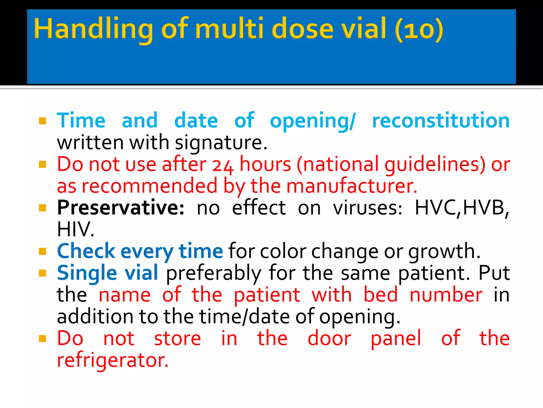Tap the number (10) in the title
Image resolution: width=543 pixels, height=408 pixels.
tap(419, 29)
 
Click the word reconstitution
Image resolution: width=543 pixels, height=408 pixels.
tap(441, 121)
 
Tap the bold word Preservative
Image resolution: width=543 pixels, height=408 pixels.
tap(121, 208)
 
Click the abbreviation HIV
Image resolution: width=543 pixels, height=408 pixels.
tap(75, 229)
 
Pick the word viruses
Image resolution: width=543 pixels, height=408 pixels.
tap(367, 208)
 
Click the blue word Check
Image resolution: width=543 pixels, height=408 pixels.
tap(86, 251)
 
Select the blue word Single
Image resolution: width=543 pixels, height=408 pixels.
tap(87, 273)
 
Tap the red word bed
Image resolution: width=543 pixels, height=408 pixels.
tap(381, 295)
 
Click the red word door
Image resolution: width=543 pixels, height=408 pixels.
tap(329, 338)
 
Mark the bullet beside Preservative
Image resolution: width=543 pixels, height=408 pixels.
tap(42, 208)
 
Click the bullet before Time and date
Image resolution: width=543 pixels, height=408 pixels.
tap(42, 121)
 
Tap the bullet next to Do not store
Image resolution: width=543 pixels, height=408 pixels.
tap(42, 338)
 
